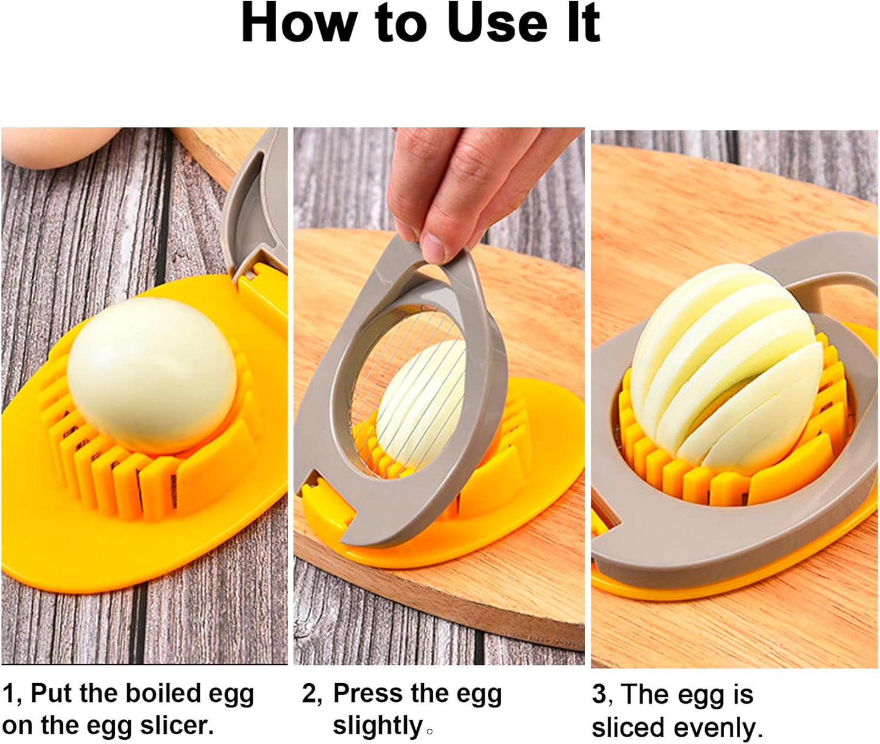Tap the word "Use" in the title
pos(496,23)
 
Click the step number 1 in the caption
pos(8,693)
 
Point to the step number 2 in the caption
pos(309,693)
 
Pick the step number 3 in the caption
pos(599,695)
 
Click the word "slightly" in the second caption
pos(378,726)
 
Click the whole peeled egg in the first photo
pos(152,375)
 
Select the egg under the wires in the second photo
pos(420,402)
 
